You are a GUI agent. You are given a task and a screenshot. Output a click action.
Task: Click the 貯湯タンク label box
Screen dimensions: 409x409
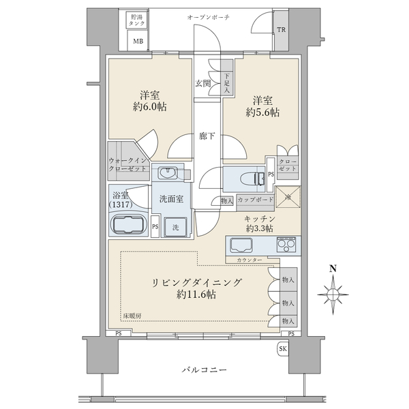(138, 20)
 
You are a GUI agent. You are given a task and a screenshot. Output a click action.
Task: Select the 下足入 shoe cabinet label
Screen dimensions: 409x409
(227, 82)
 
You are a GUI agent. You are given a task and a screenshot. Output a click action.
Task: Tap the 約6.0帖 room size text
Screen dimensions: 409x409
(152, 107)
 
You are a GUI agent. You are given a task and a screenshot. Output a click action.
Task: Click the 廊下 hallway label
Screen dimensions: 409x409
(208, 136)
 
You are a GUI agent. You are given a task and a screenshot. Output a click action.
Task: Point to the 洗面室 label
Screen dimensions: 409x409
(171, 200)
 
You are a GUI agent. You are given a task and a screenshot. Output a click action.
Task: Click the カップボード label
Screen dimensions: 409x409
(255, 200)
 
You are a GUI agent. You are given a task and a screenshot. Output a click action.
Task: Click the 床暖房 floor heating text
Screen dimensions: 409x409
(133, 316)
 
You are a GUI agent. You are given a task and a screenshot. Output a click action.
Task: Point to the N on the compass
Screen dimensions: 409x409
(333, 268)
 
